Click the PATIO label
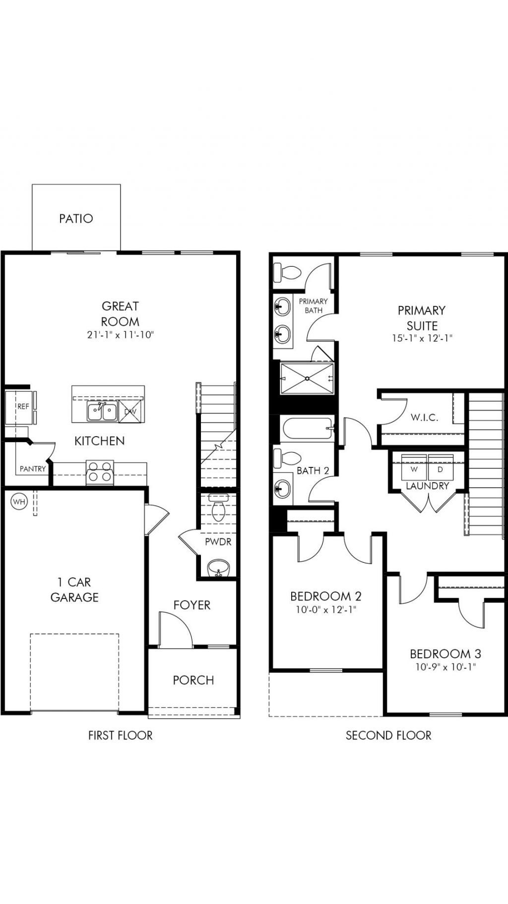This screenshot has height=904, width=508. [x=76, y=219]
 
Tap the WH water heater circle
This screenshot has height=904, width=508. [x=19, y=502]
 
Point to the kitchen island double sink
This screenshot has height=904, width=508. [x=102, y=412]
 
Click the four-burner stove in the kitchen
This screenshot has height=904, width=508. [x=100, y=473]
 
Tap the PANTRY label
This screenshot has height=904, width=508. [x=33, y=469]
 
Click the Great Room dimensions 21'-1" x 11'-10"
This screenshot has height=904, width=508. [x=120, y=335]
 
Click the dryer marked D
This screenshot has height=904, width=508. [x=440, y=469]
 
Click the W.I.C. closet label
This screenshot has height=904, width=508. [x=424, y=418]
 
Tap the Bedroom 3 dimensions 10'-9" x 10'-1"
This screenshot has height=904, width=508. [x=445, y=667]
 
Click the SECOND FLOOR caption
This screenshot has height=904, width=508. [x=388, y=736]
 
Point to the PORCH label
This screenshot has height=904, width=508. [x=193, y=680]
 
